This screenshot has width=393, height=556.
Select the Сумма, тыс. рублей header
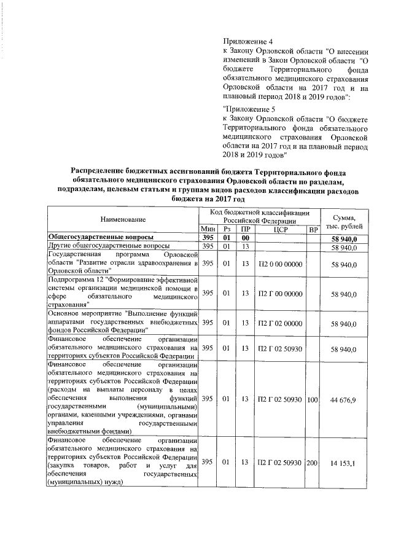348,219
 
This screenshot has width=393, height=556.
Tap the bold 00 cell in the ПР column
244,238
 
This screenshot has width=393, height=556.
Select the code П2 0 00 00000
281,264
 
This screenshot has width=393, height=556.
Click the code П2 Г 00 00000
281,294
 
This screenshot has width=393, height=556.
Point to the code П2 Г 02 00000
281,322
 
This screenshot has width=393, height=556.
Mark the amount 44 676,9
348,399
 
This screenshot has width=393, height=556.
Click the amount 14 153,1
348,461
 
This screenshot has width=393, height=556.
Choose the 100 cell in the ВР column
313,399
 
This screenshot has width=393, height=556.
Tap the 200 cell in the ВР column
313,461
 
